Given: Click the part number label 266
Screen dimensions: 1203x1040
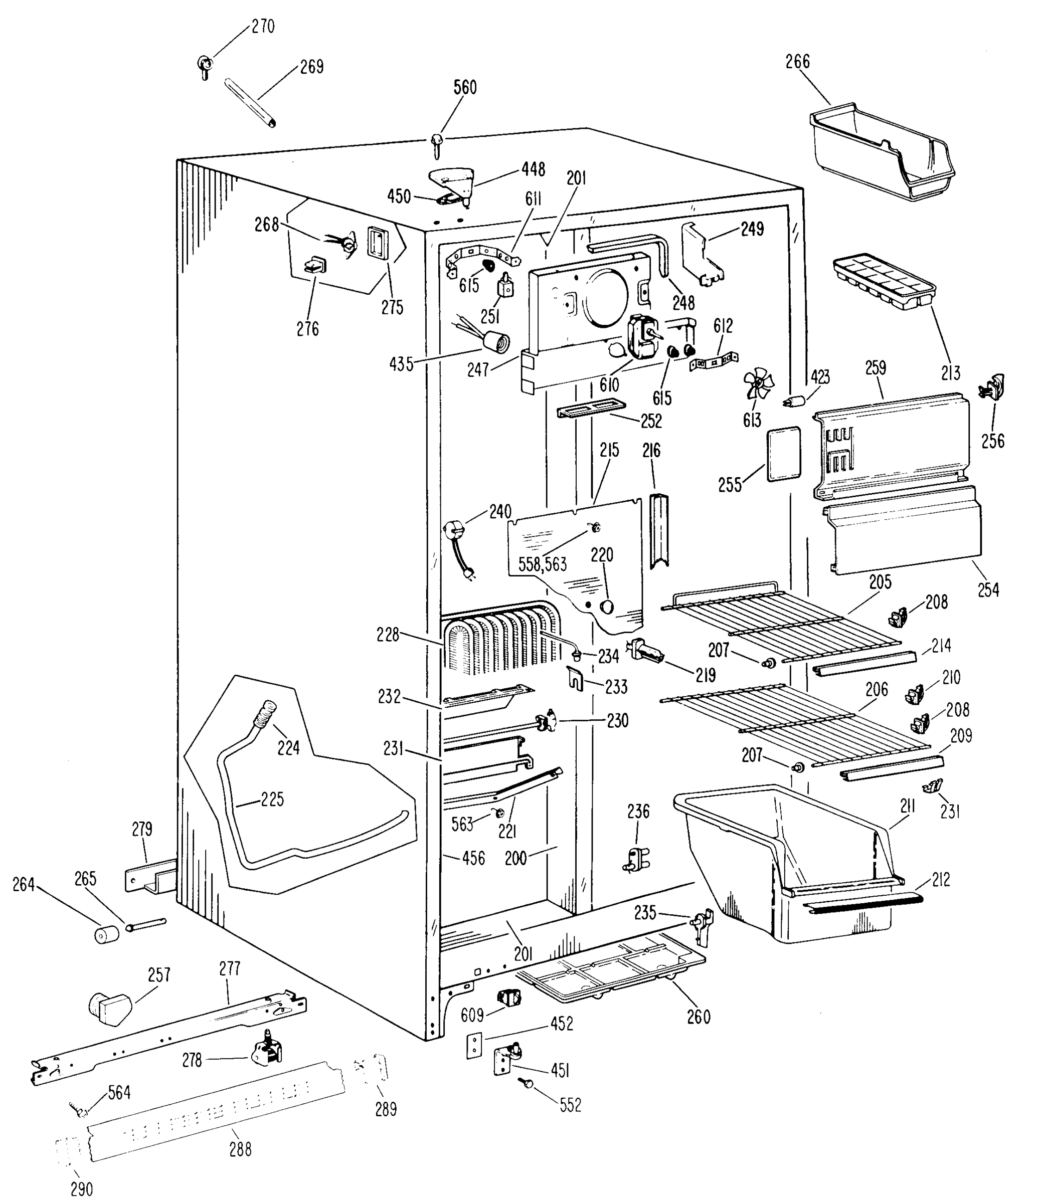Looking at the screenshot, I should (x=797, y=62).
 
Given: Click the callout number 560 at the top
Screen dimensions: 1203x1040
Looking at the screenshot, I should (x=464, y=88).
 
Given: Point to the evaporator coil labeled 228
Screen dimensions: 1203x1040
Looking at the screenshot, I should (x=499, y=642).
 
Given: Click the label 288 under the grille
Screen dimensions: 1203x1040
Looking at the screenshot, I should (x=240, y=1149).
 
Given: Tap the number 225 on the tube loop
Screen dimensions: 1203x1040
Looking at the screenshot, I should (x=272, y=799).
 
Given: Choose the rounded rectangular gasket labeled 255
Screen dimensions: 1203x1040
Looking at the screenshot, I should (x=784, y=454).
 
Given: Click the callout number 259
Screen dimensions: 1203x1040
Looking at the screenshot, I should (x=875, y=368).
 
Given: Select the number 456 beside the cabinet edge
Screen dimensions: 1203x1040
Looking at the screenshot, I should (x=473, y=858).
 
